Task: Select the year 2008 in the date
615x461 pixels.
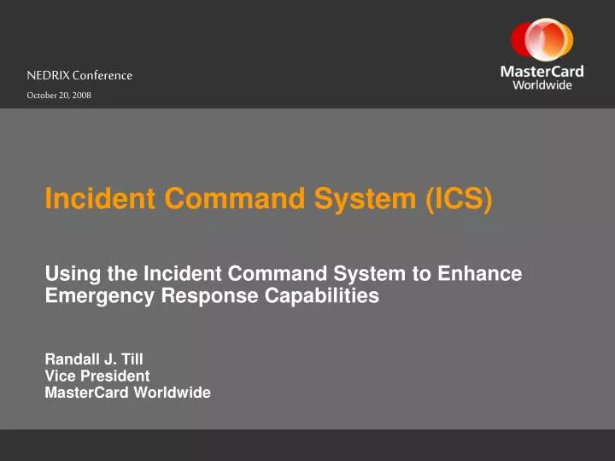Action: pos(81,96)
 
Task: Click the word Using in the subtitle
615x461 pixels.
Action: pos(67,274)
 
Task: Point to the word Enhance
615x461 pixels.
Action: pos(481,274)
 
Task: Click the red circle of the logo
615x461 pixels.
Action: pos(524,40)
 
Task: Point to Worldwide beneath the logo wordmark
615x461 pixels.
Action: pos(542,85)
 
